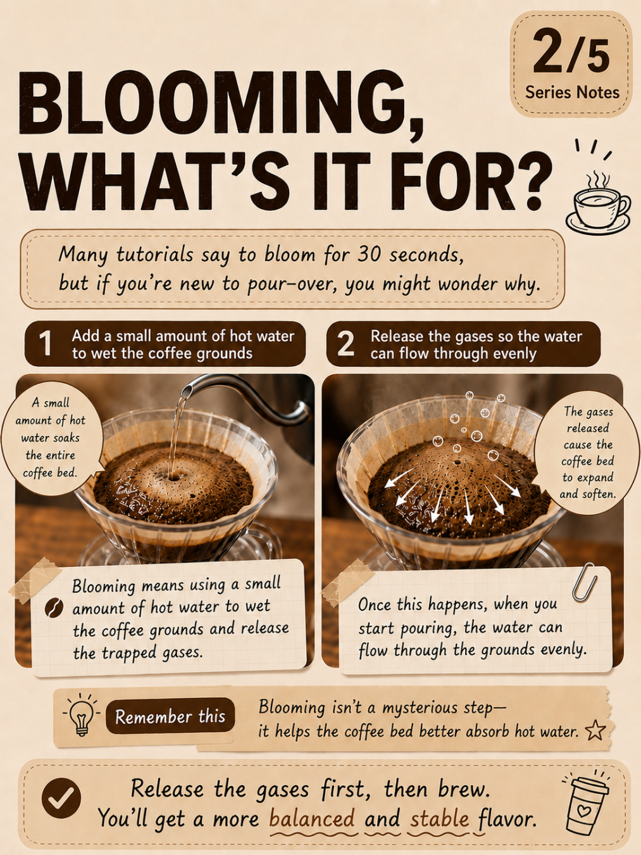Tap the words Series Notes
click(572, 92)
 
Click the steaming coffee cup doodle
click(597, 205)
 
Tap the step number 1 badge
click(46, 343)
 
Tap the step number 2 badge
click(345, 343)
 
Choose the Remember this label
click(170, 716)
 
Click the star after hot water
click(595, 730)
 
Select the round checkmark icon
click(61, 797)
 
